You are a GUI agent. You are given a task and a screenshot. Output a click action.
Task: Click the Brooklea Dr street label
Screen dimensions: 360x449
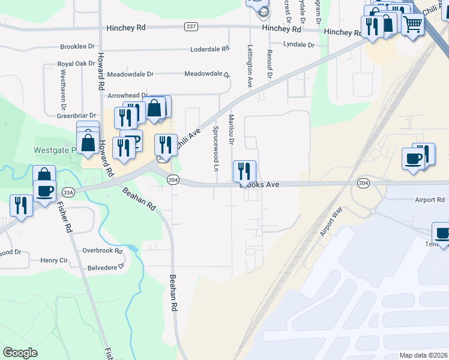click(77, 46)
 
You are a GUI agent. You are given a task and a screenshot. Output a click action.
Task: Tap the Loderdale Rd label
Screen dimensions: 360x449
click(210, 49)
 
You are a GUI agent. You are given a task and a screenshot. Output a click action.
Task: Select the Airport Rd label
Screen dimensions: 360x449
click(429, 199)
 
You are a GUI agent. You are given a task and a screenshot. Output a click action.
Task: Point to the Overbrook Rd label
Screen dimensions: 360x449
click(102, 251)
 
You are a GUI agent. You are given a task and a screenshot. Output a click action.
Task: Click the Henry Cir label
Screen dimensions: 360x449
click(54, 260)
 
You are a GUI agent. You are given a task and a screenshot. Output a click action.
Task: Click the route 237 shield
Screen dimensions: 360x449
click(191, 26)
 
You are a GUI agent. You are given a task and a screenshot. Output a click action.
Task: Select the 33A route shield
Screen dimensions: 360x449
click(68, 192)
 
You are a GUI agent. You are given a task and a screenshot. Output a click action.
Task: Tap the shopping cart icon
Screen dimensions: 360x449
click(412, 25)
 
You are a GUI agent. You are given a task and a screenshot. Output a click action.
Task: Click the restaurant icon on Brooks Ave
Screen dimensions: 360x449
click(244, 171)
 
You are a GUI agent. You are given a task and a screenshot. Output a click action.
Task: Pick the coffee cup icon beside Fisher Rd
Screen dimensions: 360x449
click(44, 191)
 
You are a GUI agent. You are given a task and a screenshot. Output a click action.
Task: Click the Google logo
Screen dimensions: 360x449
click(20, 353)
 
